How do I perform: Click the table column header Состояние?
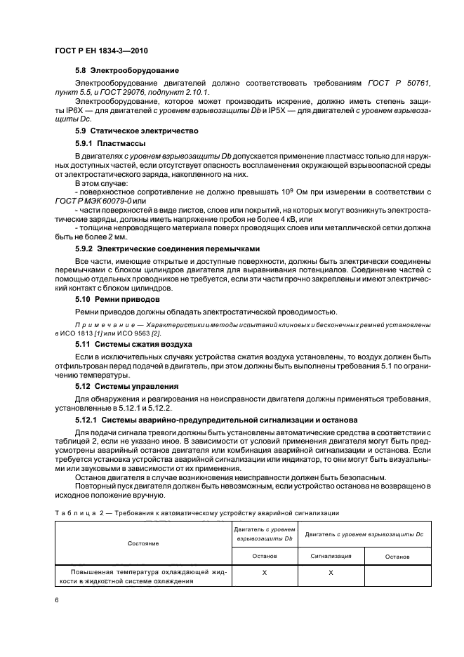[142, 543]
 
